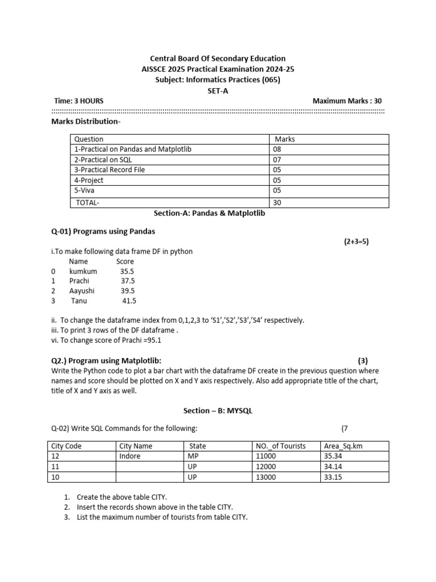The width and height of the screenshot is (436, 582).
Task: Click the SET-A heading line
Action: click(217, 90)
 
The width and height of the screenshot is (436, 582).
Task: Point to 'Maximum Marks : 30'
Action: click(347, 101)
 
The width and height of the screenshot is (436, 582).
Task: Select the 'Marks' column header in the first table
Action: click(284, 139)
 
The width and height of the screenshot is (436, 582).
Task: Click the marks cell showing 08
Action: click(278, 149)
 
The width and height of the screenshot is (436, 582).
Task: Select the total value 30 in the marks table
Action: click(278, 202)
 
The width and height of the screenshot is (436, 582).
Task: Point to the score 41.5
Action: click(129, 301)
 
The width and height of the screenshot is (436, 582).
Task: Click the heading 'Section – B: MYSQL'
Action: click(217, 411)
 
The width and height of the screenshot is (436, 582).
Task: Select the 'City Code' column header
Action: click(67, 446)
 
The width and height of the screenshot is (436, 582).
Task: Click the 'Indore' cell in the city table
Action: click(130, 456)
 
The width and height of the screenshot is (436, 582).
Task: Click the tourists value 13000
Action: click(266, 477)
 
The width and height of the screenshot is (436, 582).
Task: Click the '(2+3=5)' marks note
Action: click(356, 242)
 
